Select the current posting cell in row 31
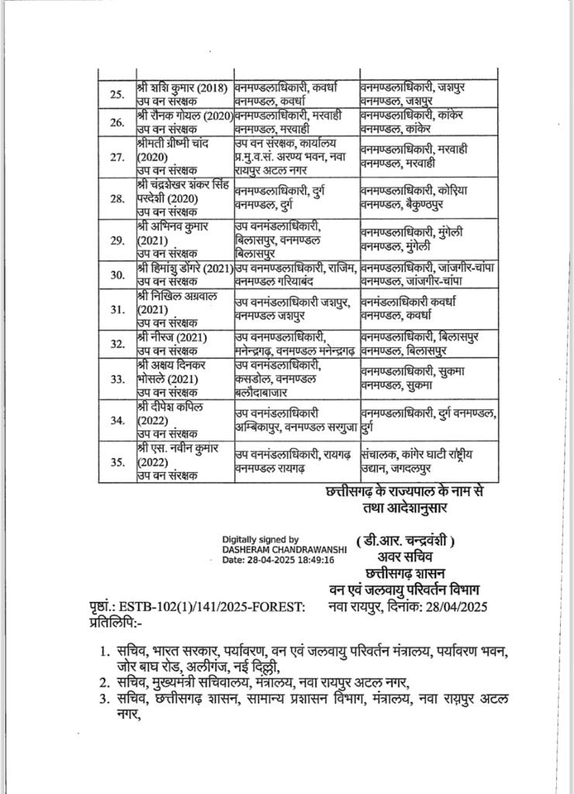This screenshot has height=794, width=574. pyautogui.click(x=296, y=308)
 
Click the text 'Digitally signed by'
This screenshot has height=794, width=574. pyautogui.click(x=260, y=538)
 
